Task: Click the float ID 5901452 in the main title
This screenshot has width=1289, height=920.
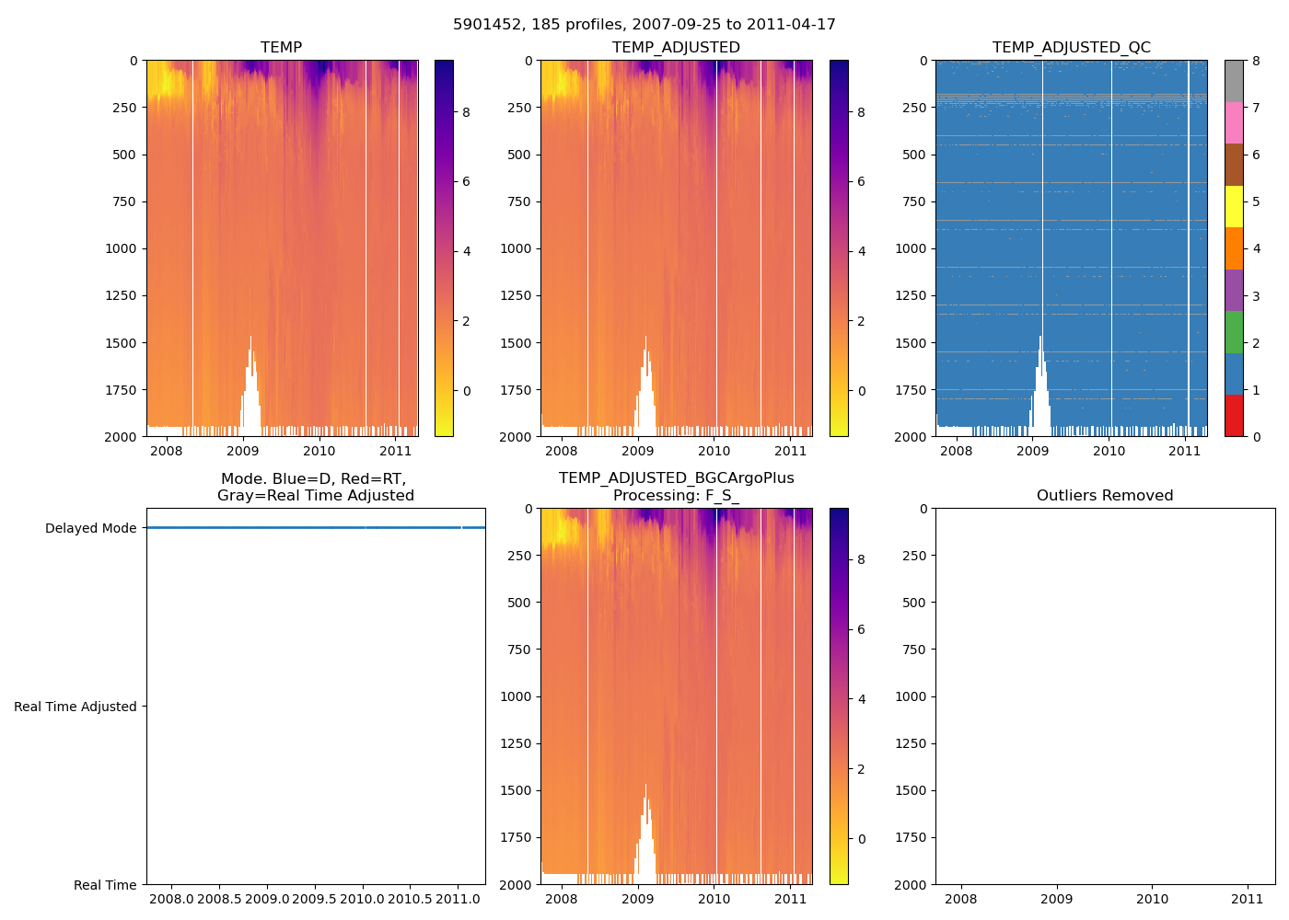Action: (x=485, y=25)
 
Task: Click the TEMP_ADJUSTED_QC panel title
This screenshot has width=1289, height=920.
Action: (x=1071, y=48)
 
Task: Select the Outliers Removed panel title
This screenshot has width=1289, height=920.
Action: (x=1105, y=496)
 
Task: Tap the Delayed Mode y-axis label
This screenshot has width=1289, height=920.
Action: (x=90, y=528)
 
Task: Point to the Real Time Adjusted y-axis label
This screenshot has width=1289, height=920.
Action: (x=75, y=707)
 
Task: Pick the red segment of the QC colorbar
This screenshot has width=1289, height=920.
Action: (x=1234, y=416)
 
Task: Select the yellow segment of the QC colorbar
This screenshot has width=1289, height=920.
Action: (x=1234, y=207)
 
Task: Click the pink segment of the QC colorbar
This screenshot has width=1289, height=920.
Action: (x=1234, y=123)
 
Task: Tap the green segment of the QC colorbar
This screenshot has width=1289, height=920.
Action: (x=1234, y=332)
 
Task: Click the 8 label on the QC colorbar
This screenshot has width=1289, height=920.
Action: (x=1257, y=61)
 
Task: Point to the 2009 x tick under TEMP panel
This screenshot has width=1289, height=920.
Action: (x=243, y=451)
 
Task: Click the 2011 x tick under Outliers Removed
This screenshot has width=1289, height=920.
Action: (x=1248, y=899)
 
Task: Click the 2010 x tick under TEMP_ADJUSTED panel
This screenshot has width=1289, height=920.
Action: (x=714, y=451)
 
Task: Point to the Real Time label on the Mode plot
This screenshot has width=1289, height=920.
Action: (x=105, y=885)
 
